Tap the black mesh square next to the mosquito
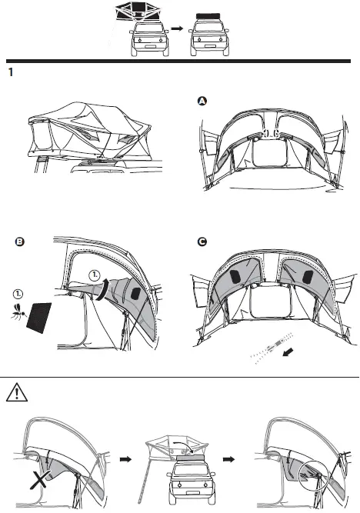(38, 317)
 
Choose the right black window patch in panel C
(305, 275)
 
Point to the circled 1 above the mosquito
(17, 293)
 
